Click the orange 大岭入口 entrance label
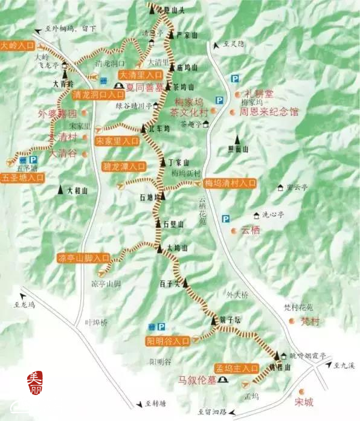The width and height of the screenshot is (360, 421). pyautogui.click(x=18, y=45)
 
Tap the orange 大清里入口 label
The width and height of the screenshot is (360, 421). pyautogui.click(x=140, y=75)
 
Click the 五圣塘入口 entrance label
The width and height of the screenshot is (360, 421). pyautogui.click(x=22, y=178)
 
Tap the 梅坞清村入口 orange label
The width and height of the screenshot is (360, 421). pyautogui.click(x=230, y=183)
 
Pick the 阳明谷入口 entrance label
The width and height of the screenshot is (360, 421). pyautogui.click(x=168, y=341)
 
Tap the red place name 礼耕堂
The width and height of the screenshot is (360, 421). pyautogui.click(x=259, y=94)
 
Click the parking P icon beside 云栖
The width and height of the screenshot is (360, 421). pyautogui.click(x=225, y=219)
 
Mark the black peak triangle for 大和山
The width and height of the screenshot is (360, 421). pyautogui.click(x=61, y=190)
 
